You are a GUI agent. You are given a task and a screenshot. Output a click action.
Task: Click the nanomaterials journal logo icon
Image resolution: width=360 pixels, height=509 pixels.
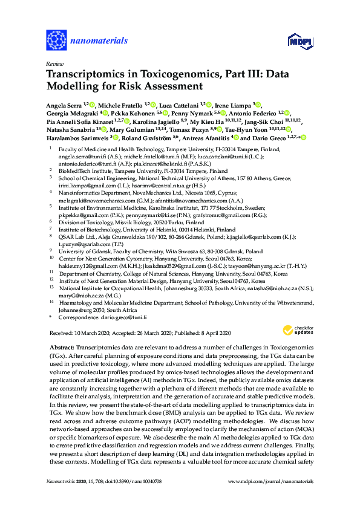point(57,41)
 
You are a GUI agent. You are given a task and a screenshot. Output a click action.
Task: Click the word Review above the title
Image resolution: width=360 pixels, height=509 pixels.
point(54,63)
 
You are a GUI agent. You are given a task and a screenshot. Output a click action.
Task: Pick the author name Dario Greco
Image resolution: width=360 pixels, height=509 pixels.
point(268,137)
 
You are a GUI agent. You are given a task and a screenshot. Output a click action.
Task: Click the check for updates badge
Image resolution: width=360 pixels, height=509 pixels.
point(294,330)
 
